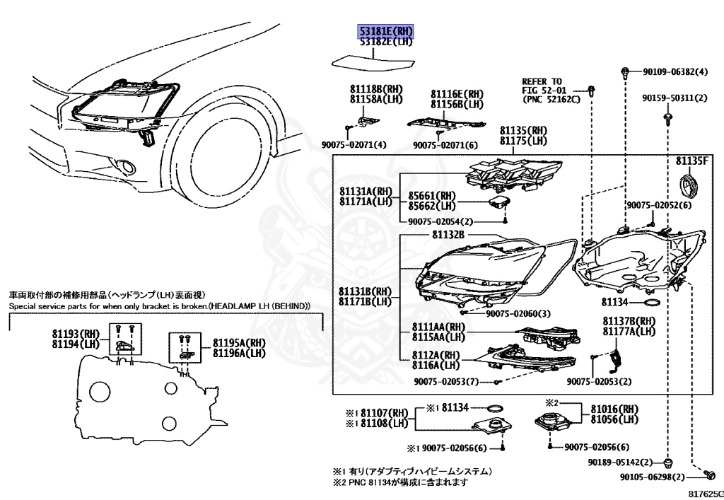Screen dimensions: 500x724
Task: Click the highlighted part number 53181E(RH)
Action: pos(385,32)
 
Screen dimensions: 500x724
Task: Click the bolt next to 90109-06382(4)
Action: pos(626,71)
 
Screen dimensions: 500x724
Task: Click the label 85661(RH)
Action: pos(432,196)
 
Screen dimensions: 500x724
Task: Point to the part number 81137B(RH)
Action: pos(629,321)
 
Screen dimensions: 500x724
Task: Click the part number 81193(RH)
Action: pos(76,334)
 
